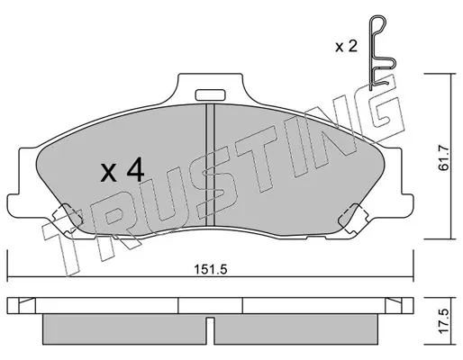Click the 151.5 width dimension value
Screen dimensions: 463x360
tap(211, 269)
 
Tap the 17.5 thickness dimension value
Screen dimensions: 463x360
tap(443, 320)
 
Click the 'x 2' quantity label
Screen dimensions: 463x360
tap(347, 47)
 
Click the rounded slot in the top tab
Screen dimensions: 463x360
tap(210, 95)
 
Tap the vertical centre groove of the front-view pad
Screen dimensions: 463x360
tap(210, 165)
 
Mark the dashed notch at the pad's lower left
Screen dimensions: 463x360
tap(68, 219)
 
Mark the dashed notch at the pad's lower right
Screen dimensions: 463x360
tap(353, 219)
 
